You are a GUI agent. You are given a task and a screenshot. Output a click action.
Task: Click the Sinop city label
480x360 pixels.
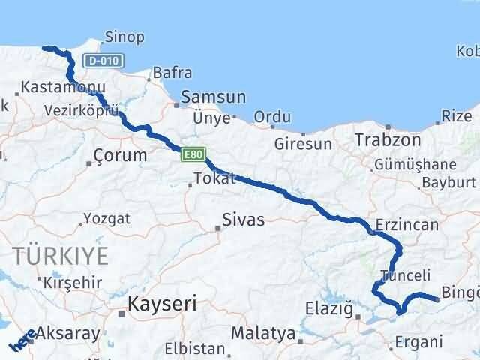(124, 37)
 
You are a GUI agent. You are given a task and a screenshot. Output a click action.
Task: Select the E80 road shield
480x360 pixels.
(190, 154)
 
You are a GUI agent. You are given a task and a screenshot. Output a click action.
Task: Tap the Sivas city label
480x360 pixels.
(244, 220)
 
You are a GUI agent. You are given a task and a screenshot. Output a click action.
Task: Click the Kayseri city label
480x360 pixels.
(162, 304)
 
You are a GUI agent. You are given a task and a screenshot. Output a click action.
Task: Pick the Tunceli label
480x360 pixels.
(405, 275)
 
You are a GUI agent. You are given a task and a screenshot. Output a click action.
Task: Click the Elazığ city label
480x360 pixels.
(328, 307)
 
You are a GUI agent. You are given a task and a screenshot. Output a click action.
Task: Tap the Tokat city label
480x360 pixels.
(214, 178)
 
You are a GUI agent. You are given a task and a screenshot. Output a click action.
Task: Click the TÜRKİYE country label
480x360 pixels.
(59, 255)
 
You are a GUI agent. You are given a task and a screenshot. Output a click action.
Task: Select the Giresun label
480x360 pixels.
(303, 143)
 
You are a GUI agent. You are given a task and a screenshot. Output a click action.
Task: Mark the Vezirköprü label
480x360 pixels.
(82, 109)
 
